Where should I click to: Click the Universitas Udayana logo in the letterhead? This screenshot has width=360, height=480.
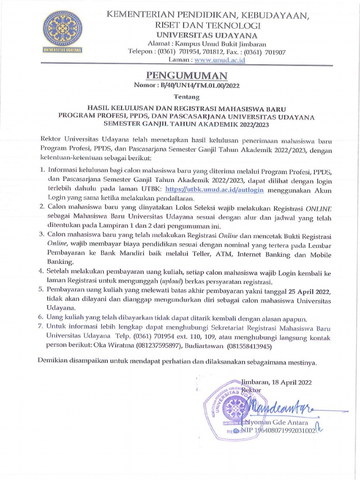point(62,31)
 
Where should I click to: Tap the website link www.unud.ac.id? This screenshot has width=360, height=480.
point(220,60)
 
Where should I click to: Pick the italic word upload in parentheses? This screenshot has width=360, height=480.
point(170,281)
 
